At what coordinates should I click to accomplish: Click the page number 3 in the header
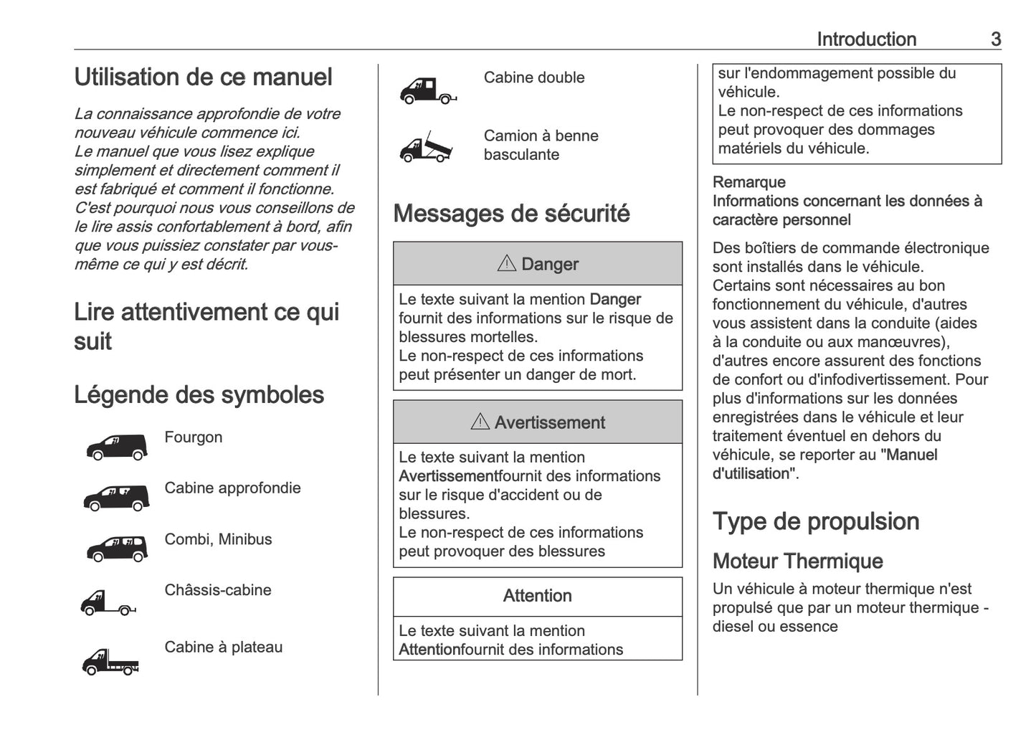995,39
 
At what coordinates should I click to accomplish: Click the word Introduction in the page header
866,39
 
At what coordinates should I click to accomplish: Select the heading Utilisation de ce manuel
203,77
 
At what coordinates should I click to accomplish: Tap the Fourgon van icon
117,447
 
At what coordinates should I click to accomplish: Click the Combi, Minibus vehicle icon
117,549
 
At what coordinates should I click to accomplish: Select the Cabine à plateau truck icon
110,661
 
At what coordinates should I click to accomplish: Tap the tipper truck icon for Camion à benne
427,148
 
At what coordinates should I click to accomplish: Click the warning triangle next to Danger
506,264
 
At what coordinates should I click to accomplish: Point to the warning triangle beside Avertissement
480,422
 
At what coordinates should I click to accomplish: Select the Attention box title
537,596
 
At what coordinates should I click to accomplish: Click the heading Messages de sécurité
511,214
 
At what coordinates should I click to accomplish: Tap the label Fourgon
193,437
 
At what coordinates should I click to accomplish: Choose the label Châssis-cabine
217,590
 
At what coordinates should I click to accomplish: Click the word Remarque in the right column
749,182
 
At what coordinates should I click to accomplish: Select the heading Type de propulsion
815,521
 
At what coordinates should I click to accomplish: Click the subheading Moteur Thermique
797,561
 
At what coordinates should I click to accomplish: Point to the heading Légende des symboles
199,395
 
